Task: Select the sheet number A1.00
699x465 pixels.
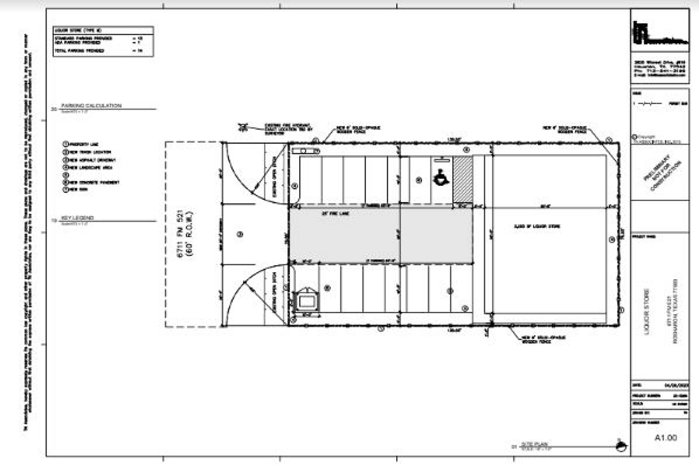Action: pos(666,438)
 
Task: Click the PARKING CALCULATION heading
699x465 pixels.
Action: pos(91,105)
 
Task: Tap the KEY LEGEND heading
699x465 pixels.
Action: pos(77,218)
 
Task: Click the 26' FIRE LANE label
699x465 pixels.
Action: pos(335,213)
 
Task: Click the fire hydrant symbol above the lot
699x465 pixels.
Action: pos(242,128)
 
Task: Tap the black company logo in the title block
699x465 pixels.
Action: pos(659,33)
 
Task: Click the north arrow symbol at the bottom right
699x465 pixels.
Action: pos(621,446)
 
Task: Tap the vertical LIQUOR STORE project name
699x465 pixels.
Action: pos(647,311)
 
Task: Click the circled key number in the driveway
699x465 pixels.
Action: pos(240,234)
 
